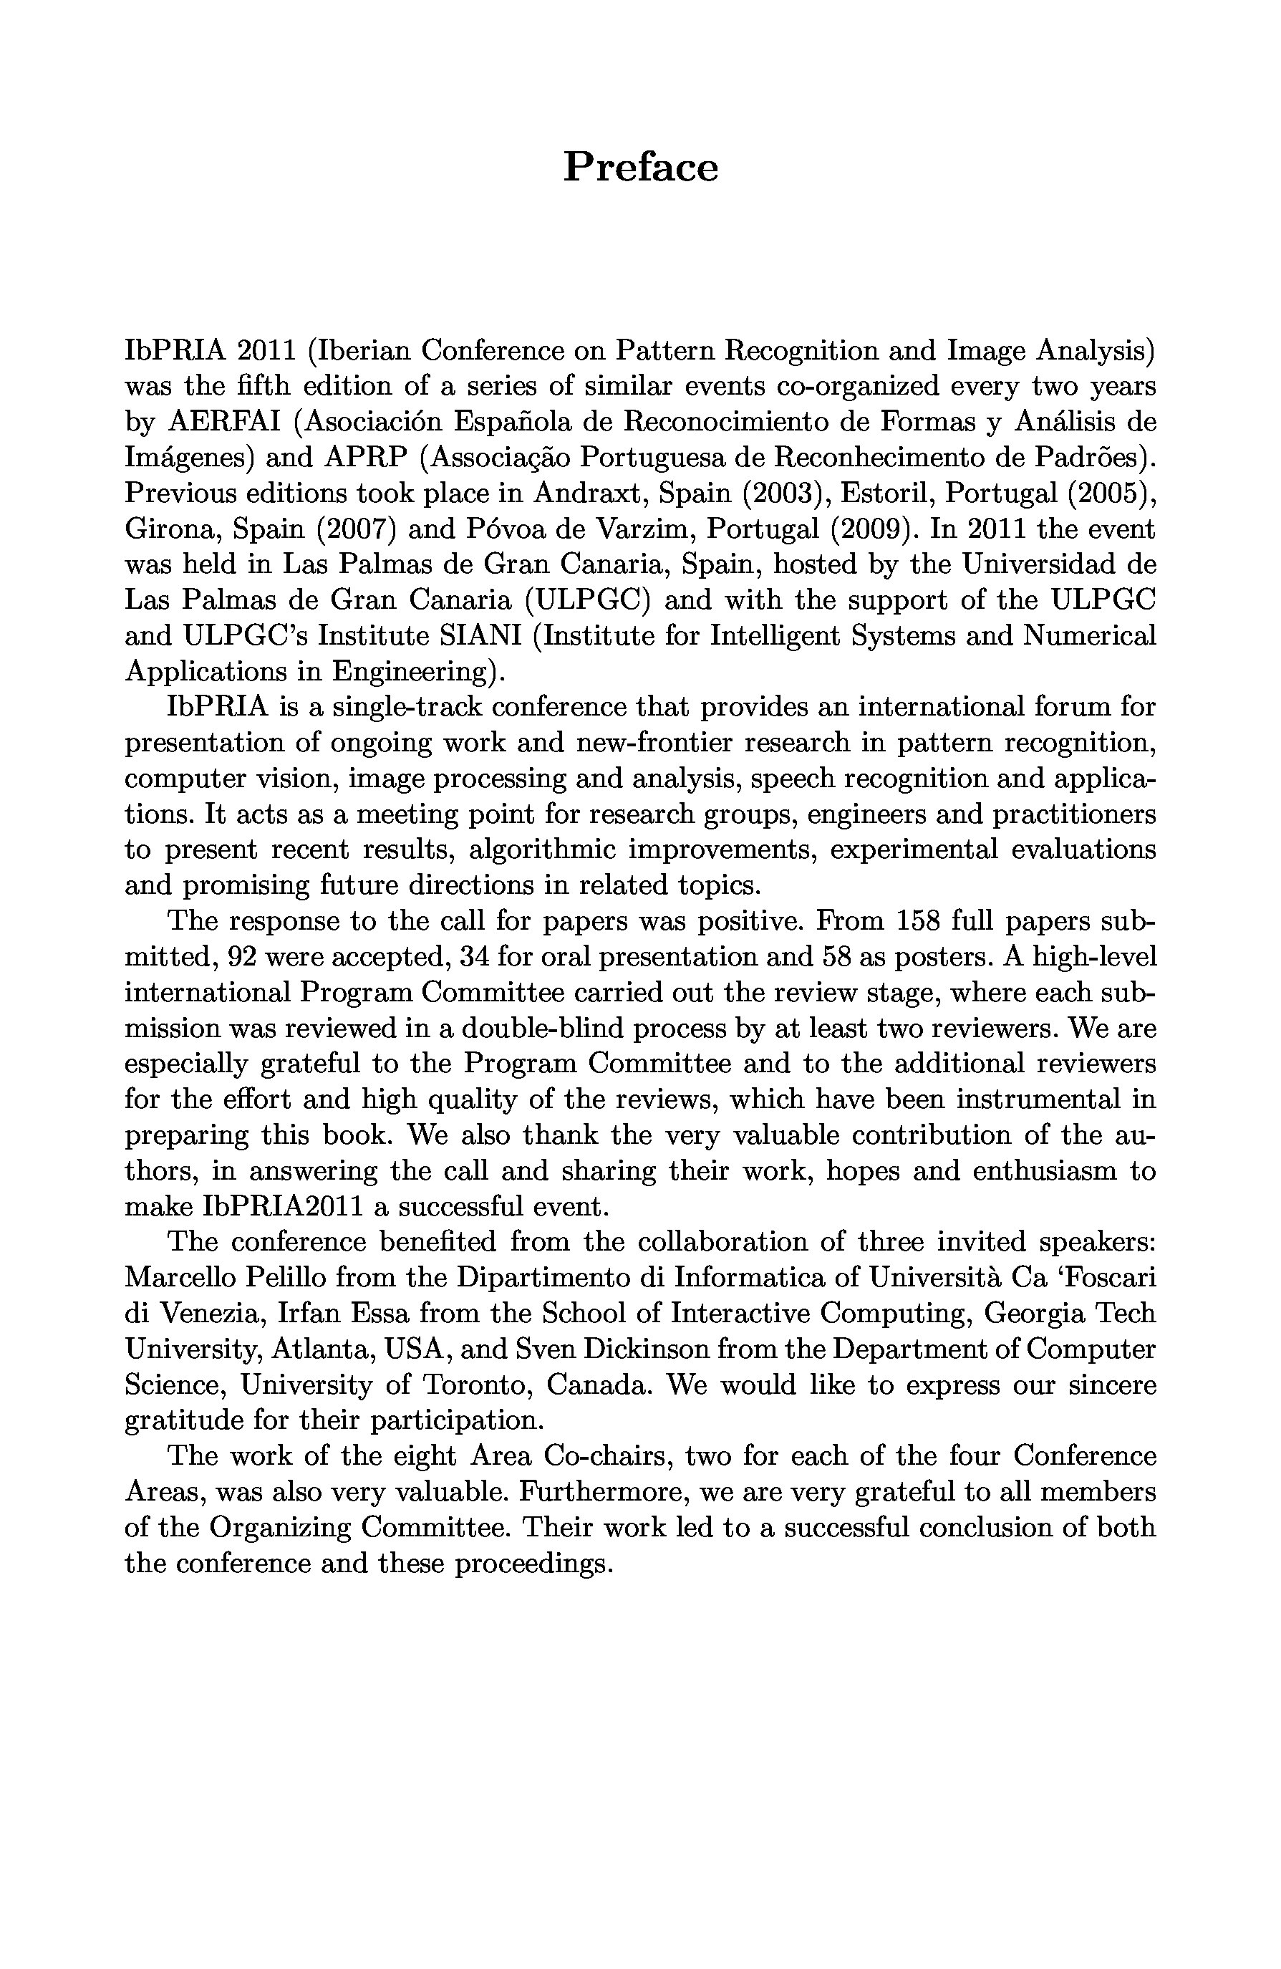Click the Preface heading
coord(640,167)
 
